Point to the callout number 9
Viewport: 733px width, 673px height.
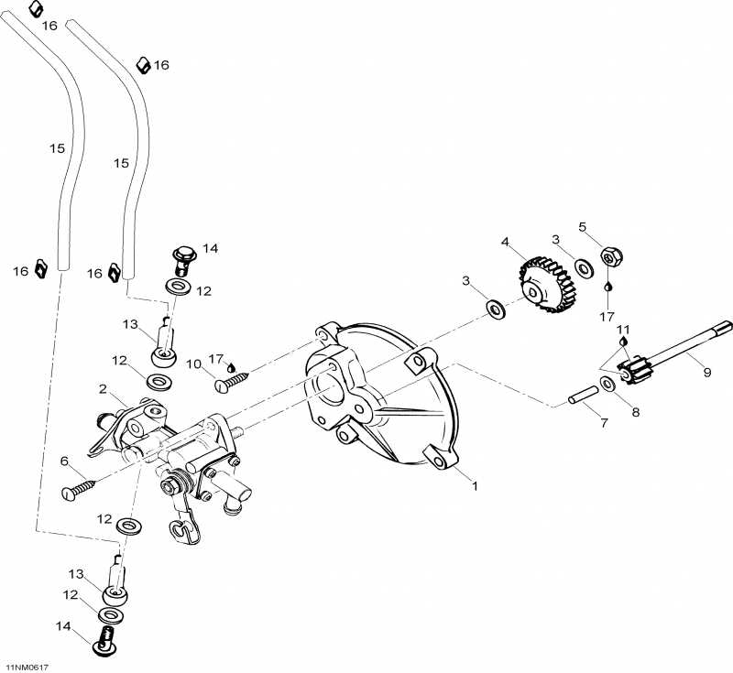point(706,372)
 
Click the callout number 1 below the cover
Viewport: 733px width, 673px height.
point(475,486)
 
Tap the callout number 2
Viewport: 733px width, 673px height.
point(103,388)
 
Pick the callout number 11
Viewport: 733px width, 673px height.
point(623,329)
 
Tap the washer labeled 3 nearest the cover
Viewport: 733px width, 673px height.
point(496,309)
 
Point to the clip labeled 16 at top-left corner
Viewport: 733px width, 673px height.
point(34,8)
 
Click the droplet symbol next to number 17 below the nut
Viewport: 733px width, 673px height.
point(607,286)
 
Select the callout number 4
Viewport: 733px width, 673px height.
point(504,242)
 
